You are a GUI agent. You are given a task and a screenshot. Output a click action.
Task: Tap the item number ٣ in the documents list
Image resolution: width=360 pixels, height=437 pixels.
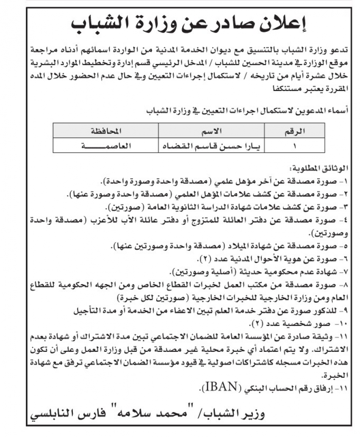point(346,207)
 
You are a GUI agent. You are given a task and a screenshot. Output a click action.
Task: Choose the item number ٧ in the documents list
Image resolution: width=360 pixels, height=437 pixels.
point(346,271)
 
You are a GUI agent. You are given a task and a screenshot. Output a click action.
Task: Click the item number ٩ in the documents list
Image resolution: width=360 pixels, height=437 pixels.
point(346,310)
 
